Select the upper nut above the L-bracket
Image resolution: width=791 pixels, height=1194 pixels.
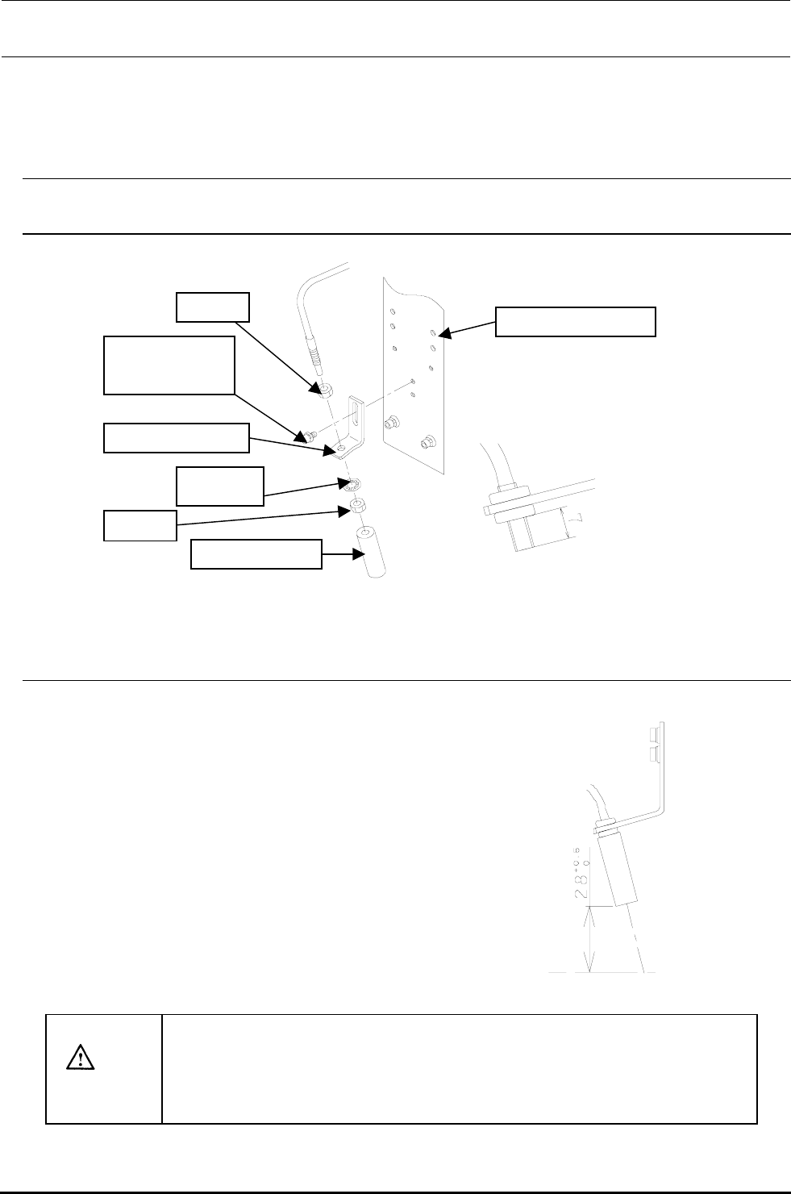click(324, 391)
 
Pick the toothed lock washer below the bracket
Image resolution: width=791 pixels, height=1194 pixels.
click(352, 486)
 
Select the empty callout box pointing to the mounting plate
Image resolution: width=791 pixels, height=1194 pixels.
click(575, 321)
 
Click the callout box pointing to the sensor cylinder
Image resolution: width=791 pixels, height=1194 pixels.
click(256, 555)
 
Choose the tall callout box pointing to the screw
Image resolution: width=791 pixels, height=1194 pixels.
click(169, 365)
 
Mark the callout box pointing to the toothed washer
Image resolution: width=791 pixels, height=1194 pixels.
click(220, 486)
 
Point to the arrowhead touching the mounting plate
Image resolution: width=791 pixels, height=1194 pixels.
click(442, 332)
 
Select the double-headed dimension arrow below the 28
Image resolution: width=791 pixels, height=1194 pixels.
click(593, 939)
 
